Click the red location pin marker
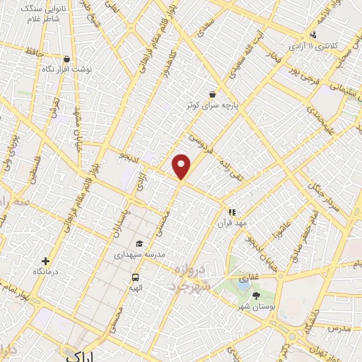pos(182,166)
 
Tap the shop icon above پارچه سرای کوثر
pos(212,94)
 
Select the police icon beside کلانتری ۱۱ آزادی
pos(313,35)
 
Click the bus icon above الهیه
pos(135,277)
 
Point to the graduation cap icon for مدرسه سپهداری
pos(139,243)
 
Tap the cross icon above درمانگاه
pos(46,261)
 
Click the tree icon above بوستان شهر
pos(256,295)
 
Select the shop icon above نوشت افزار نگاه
pos(66,59)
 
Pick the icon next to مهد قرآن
pos(231,211)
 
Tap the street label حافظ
pos(32,51)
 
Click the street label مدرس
pos(339,329)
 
